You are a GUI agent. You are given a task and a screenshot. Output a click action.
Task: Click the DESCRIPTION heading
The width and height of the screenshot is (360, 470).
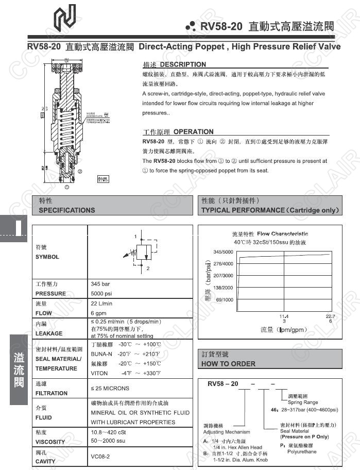coord(182,64)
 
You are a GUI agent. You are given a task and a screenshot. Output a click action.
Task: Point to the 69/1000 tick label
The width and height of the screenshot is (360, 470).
coord(225,299)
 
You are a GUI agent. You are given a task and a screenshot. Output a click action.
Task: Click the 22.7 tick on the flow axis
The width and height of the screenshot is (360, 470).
coord(330,316)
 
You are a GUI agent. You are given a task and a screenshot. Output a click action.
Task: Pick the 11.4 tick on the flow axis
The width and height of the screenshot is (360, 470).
coord(283,316)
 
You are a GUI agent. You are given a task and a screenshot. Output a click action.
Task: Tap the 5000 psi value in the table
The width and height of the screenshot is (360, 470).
coord(103,293)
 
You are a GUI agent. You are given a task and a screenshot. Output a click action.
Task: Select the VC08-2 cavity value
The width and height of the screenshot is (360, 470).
coord(100,457)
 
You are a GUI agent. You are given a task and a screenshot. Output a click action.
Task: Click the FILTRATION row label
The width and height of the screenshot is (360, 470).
coord(52,393)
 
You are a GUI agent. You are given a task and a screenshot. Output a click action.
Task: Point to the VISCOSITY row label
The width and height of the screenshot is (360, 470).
coord(50,442)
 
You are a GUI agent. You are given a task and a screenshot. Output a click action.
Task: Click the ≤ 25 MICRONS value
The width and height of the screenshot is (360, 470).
coord(110,388)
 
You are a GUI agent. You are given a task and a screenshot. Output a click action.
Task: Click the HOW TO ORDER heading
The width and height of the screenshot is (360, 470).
coord(228,363)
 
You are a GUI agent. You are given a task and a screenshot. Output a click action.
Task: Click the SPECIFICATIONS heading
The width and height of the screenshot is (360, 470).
coord(67,210)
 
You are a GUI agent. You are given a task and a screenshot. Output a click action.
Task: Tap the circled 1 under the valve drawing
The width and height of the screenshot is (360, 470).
coord(67,188)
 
